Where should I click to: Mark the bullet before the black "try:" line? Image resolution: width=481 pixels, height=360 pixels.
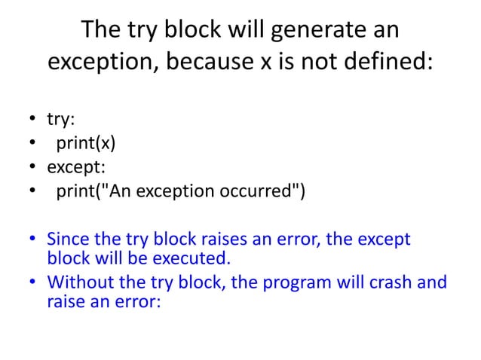point(33,120)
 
